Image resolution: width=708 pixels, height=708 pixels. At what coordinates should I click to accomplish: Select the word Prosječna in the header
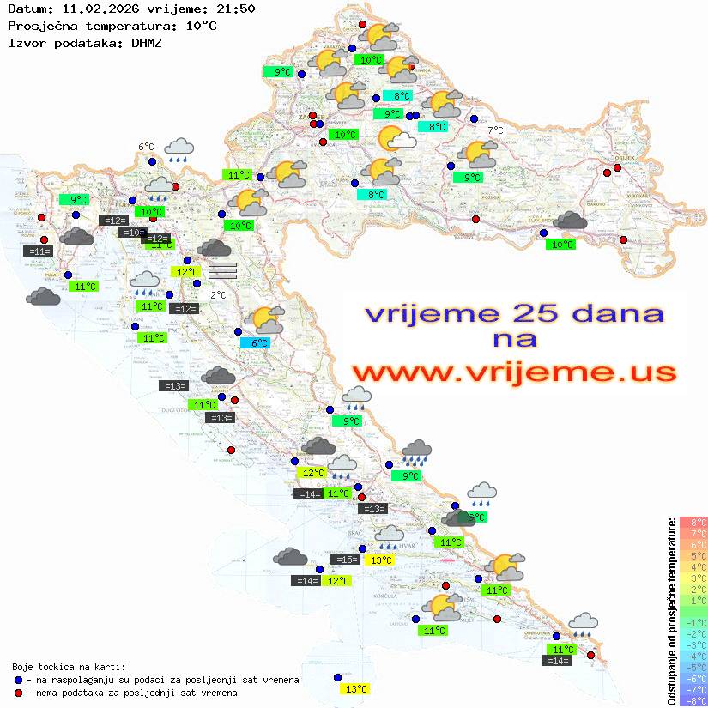tap(40, 26)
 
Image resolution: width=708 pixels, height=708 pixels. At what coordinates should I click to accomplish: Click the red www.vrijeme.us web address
tap(513, 372)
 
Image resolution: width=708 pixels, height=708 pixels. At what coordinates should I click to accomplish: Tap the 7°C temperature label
tap(496, 130)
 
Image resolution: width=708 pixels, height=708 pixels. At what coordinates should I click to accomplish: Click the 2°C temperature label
tap(218, 295)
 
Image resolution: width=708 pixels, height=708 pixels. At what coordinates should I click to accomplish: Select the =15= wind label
tap(346, 560)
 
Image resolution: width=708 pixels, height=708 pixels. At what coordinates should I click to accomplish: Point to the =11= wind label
tap(39, 251)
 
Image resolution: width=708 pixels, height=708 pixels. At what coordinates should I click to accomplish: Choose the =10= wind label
tap(133, 233)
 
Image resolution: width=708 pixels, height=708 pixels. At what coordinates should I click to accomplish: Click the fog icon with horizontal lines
tap(222, 269)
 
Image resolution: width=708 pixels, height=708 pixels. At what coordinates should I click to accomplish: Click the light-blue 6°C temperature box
tap(260, 343)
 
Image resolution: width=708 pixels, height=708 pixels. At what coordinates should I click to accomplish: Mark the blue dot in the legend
tap(18, 680)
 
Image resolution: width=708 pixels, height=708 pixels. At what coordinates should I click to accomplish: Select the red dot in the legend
tap(18, 693)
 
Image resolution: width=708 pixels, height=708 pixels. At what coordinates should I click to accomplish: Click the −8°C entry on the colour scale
tap(692, 700)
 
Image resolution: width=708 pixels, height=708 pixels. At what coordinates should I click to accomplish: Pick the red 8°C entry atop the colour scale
tap(692, 523)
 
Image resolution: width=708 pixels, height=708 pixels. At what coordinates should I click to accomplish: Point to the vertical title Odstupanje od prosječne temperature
tap(671, 611)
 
